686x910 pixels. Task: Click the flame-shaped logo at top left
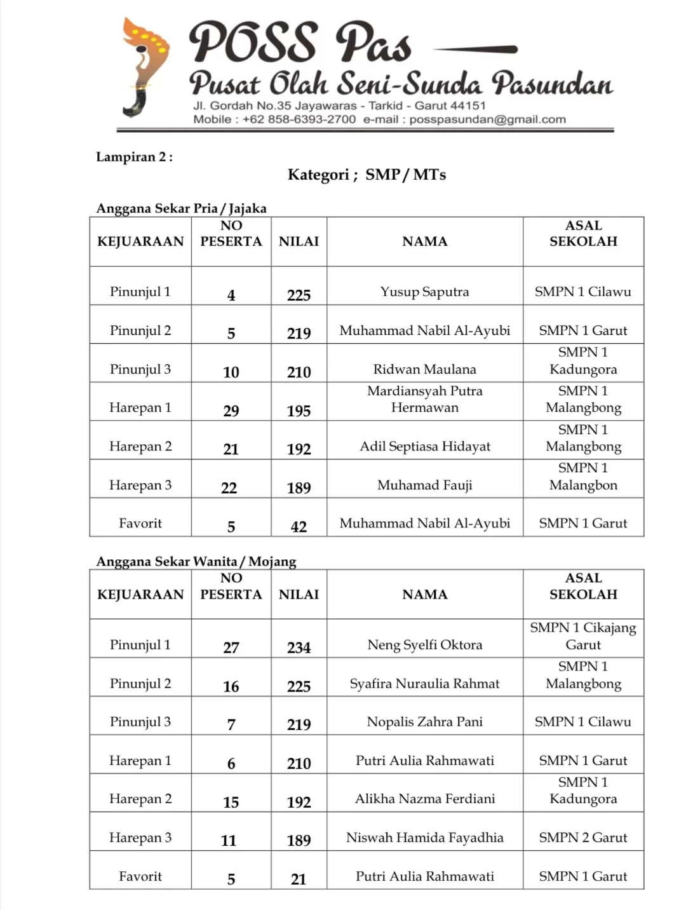pos(145,67)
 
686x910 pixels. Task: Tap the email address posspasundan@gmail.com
pos(487,119)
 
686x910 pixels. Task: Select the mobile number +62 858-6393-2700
pos(299,119)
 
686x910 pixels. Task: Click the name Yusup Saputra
pos(424,292)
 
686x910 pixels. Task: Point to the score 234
pos(299,648)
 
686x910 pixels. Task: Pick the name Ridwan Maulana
pos(424,369)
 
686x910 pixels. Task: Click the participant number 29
pos(231,411)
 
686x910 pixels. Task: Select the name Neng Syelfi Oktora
pos(424,645)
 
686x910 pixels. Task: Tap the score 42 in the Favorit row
pos(299,527)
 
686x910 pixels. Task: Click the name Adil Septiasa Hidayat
pos(424,446)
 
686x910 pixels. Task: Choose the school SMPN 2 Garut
pos(582,838)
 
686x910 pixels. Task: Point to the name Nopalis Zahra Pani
pos(424,722)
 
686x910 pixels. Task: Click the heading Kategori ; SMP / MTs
pos(367,175)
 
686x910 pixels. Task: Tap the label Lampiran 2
pos(134,157)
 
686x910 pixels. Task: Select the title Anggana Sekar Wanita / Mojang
pos(196,561)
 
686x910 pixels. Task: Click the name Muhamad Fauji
pos(424,485)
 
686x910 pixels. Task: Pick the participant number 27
pos(231,648)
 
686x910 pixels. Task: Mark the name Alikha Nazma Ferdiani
pos(424,799)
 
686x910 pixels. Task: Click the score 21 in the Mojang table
pos(299,879)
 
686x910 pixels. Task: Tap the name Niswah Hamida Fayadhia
pos(424,838)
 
